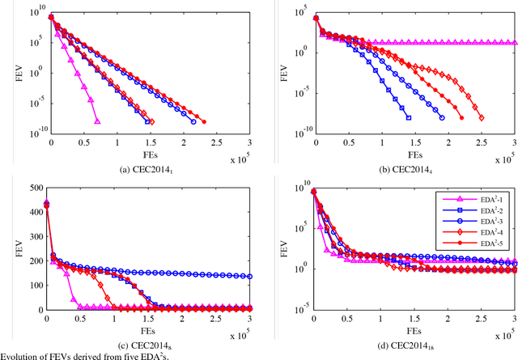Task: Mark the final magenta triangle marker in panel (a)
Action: pyautogui.click(x=97, y=121)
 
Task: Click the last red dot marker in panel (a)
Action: pyautogui.click(x=204, y=122)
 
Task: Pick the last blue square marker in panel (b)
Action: pyautogui.click(x=408, y=118)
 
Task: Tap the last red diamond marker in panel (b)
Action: pyautogui.click(x=484, y=118)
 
